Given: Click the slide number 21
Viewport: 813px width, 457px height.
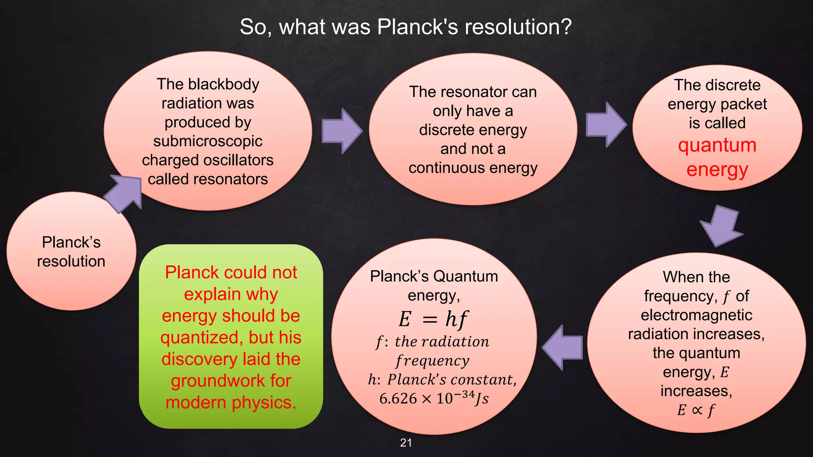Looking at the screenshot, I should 406,443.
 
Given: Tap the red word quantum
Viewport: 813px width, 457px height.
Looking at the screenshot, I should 717,146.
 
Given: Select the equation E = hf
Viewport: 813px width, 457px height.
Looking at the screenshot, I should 433,319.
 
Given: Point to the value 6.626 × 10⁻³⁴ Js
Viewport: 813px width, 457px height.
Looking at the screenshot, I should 433,398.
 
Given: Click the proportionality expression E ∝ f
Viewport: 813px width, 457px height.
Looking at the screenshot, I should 696,410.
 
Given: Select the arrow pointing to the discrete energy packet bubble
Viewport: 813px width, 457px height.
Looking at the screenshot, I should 606,125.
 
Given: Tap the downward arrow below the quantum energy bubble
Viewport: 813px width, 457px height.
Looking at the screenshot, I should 721,225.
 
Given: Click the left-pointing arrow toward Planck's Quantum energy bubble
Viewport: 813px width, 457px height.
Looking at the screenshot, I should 563,348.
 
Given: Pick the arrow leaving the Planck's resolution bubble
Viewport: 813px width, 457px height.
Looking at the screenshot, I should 123,193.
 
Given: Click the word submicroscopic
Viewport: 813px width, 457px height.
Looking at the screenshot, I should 208,141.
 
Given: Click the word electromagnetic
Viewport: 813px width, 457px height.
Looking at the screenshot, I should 696,315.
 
